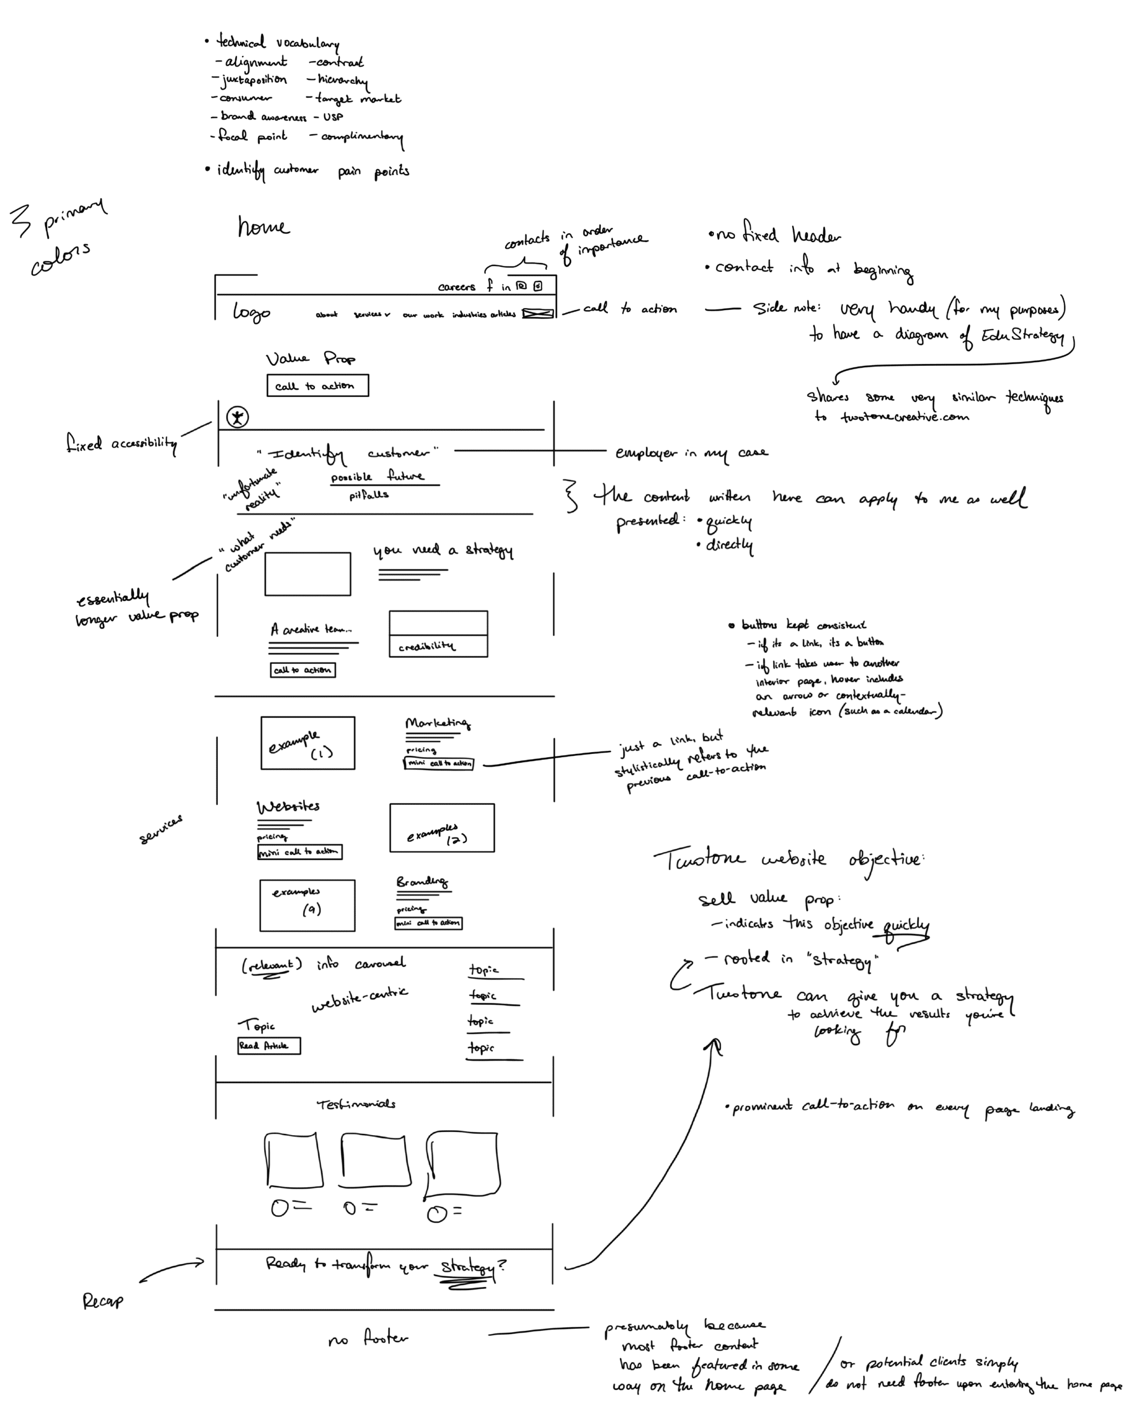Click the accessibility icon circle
pyautogui.click(x=237, y=416)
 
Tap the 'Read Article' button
pyautogui.click(x=269, y=1045)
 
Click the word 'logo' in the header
pyautogui.click(x=251, y=312)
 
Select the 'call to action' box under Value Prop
pyautogui.click(x=317, y=386)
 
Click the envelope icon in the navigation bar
pyautogui.click(x=538, y=314)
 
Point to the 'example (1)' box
pyautogui.click(x=307, y=743)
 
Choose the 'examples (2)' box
pyautogui.click(x=441, y=828)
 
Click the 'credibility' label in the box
pyautogui.click(x=426, y=647)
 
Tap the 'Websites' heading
pyautogui.click(x=288, y=806)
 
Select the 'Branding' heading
pyautogui.click(x=422, y=882)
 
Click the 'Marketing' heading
pyautogui.click(x=437, y=723)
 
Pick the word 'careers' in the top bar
pyautogui.click(x=456, y=287)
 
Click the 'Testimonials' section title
pyautogui.click(x=356, y=1104)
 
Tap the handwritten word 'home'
pyautogui.click(x=263, y=228)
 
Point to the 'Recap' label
pyautogui.click(x=103, y=1301)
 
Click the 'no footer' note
pyautogui.click(x=368, y=1339)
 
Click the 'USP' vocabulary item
pyautogui.click(x=333, y=117)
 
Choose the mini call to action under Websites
pyautogui.click(x=299, y=852)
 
